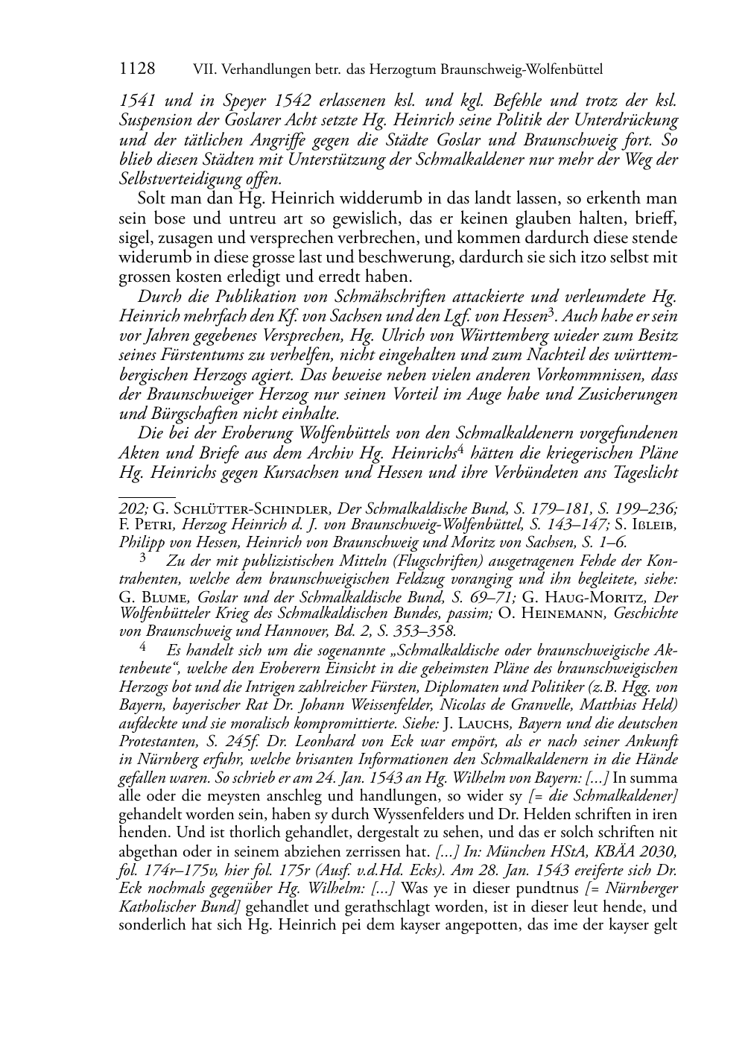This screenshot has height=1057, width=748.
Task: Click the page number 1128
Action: pos(137,69)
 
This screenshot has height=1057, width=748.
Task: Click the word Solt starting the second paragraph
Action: pos(152,199)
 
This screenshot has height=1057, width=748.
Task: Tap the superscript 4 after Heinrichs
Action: pos(461,449)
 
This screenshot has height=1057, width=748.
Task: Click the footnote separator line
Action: pos(147,494)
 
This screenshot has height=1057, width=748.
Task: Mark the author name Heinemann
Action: pos(568,613)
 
